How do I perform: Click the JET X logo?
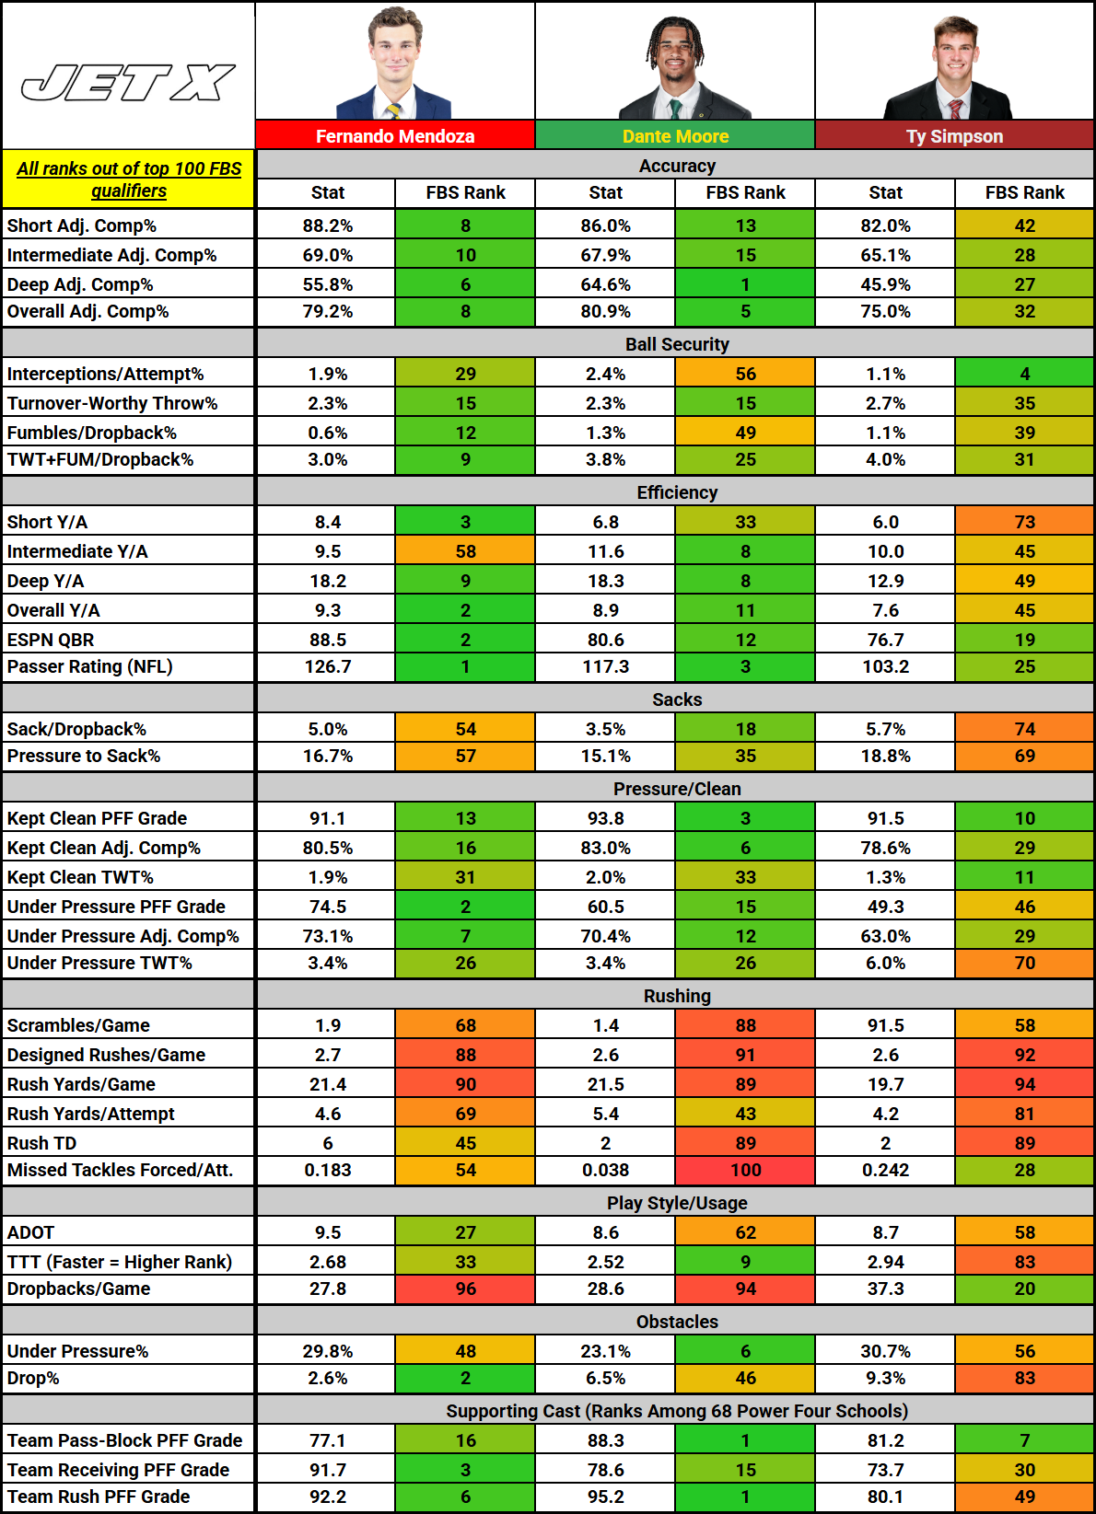point(128,83)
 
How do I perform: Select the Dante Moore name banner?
point(675,136)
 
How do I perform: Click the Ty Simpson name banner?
point(954,136)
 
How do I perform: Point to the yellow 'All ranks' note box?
point(128,179)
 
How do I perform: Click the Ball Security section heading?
point(677,344)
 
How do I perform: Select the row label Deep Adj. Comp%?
point(80,284)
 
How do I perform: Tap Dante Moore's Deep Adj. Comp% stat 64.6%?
point(605,284)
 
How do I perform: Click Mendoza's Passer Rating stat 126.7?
point(328,666)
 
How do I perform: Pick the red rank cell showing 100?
point(745,1170)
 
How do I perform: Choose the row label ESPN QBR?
point(51,640)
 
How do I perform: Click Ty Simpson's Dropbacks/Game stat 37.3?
point(885,1289)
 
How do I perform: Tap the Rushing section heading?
point(677,996)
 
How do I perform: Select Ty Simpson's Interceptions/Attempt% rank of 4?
point(1024,374)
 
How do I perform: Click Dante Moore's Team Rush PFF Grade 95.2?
point(605,1497)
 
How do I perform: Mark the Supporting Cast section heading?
point(677,1411)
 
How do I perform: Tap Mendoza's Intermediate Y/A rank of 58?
point(465,551)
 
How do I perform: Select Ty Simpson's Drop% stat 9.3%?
point(885,1378)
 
